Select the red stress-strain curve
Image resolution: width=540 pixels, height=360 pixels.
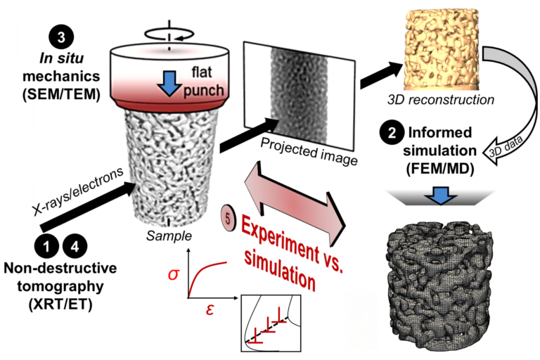[x=211, y=271]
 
